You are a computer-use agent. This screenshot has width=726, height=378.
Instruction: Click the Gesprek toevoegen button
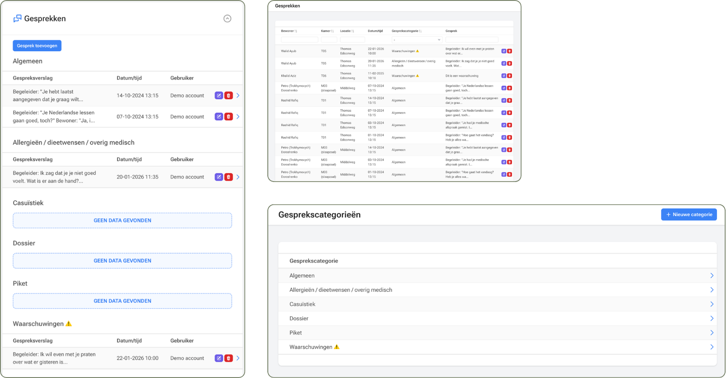point(37,46)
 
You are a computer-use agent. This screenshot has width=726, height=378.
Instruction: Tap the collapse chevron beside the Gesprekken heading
point(227,18)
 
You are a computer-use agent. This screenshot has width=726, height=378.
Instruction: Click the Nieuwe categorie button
point(689,214)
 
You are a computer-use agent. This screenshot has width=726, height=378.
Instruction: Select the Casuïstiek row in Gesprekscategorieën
point(302,304)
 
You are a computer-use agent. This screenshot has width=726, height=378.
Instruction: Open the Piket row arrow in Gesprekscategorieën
point(712,332)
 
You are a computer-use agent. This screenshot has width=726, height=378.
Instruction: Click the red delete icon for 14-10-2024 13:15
point(228,95)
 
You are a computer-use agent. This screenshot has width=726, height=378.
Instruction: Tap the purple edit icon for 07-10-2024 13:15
point(219,117)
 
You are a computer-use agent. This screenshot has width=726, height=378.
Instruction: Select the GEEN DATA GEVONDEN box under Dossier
point(122,261)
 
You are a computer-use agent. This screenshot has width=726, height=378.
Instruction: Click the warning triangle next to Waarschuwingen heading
point(68,324)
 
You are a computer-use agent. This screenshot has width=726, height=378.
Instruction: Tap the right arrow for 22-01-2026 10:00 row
point(238,358)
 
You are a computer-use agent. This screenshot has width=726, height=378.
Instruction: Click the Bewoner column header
point(288,31)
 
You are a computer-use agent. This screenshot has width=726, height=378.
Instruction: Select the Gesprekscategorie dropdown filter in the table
point(417,40)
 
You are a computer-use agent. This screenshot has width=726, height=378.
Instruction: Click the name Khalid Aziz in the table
point(288,76)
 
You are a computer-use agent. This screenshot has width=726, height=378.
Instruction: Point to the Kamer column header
point(326,31)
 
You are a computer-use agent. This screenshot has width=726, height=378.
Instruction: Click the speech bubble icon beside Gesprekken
point(18,18)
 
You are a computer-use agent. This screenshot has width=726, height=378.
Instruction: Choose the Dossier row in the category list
point(299,318)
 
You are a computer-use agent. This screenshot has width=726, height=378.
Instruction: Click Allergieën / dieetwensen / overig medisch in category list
point(340,290)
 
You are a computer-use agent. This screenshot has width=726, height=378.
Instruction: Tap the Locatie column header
point(346,31)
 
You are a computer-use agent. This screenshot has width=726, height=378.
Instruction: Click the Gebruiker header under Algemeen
point(182,78)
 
